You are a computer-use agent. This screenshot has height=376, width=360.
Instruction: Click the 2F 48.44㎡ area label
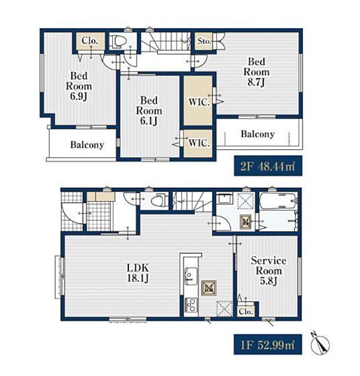[x=268, y=166]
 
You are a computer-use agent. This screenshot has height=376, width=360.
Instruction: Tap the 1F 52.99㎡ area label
[x=267, y=345]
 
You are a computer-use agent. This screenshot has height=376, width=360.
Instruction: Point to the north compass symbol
[x=320, y=343]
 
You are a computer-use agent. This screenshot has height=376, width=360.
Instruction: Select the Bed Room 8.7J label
[x=256, y=72]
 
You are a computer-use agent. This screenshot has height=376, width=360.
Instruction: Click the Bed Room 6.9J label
[x=79, y=86]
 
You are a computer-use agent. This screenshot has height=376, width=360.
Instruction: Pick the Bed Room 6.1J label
[x=149, y=110]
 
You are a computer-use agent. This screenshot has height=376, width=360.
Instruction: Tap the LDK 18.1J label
[x=138, y=273]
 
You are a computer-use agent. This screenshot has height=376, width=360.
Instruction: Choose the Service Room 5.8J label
[x=269, y=271]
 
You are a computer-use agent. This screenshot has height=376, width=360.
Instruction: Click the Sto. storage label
[x=204, y=41]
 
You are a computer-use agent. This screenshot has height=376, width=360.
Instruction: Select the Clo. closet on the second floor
[x=90, y=41]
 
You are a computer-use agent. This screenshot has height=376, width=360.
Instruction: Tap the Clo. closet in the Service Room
[x=246, y=311]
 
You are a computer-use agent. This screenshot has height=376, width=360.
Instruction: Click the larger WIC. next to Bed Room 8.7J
[x=199, y=102]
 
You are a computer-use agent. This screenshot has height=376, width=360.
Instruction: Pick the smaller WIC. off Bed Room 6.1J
[x=199, y=143]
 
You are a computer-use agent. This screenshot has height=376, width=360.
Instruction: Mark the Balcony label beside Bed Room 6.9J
[x=87, y=145]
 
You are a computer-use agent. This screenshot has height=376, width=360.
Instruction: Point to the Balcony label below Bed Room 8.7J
[x=258, y=134]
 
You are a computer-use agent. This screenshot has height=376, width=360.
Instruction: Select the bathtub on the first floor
[x=278, y=201]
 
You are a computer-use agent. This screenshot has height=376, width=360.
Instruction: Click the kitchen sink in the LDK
[x=191, y=276]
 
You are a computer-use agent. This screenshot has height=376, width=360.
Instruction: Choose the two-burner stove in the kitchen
[x=191, y=305]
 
